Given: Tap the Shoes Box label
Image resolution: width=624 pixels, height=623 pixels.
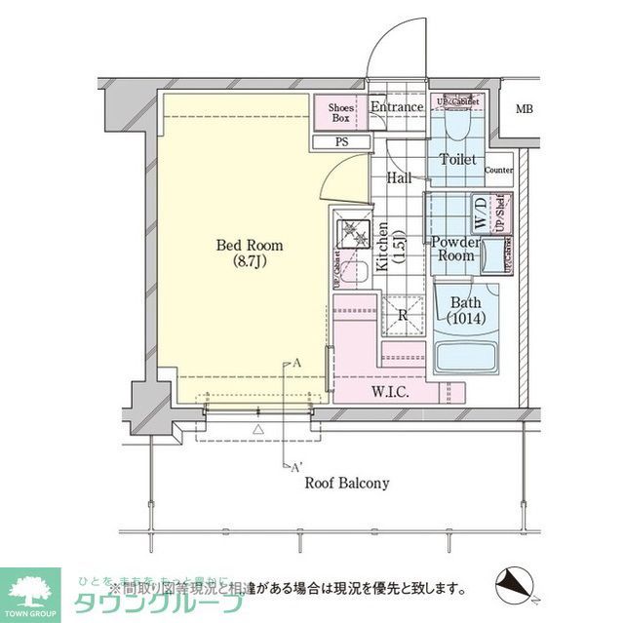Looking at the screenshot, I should [x=339, y=112].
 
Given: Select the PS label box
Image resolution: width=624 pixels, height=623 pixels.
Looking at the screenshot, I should [x=340, y=142].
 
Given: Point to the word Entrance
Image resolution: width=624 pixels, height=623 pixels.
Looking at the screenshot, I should [x=397, y=107].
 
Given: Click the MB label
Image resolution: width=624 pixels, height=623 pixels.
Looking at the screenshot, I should [x=525, y=108].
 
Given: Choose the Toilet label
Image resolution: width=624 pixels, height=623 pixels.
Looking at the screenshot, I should [x=457, y=159].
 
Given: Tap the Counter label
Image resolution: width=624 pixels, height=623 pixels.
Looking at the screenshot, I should [x=498, y=171].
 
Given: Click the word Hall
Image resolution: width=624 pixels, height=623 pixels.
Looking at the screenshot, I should [x=398, y=179].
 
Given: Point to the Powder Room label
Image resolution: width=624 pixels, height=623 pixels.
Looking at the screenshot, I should [x=454, y=249].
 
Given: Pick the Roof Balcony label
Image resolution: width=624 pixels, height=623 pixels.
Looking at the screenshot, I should [x=347, y=483].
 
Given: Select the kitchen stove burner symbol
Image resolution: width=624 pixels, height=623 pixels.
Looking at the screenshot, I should [x=349, y=233].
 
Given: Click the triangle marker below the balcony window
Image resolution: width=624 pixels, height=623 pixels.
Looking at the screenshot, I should [x=258, y=429].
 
